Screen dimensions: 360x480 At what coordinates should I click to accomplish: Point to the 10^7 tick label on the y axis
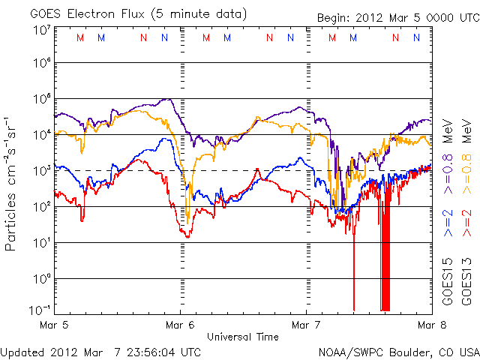(40, 30)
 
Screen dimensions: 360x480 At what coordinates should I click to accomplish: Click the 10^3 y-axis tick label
(40, 170)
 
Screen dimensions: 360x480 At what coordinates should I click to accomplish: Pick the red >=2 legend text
(466, 223)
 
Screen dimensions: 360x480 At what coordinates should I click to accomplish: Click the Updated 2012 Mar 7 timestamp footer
(100, 351)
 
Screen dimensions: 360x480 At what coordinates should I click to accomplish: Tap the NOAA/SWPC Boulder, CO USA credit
(397, 351)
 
